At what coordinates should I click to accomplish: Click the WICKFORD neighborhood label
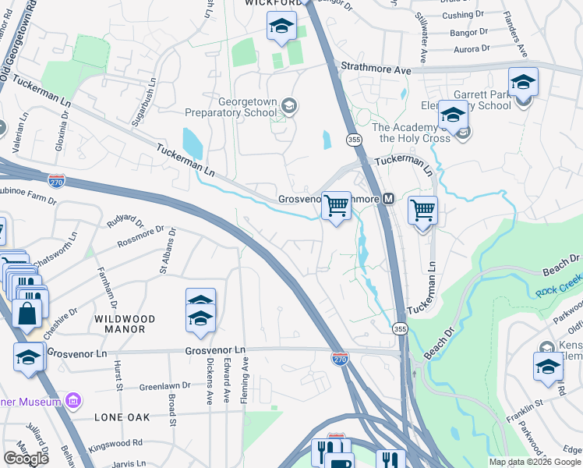273,3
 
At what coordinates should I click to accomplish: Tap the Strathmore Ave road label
375,70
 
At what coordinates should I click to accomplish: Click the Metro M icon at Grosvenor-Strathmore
388,199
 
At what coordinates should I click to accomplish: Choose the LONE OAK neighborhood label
122,417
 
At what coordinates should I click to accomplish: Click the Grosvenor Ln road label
76,353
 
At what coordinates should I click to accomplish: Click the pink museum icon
73,402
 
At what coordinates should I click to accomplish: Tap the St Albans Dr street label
164,259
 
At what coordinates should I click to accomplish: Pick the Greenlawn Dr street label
165,386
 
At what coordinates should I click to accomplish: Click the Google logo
26,459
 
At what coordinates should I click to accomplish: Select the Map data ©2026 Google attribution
535,462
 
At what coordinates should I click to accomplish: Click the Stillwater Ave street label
423,37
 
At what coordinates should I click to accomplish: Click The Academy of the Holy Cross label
412,133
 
